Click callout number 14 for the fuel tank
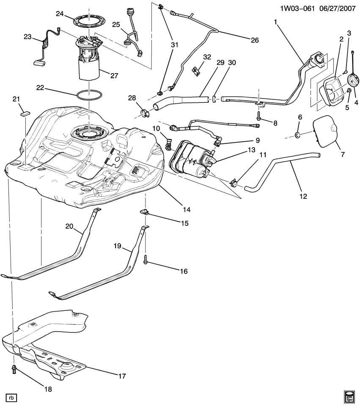point(187,209)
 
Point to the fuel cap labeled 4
point(352,80)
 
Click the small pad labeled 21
point(25,113)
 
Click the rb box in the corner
point(11,397)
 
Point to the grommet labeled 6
point(298,135)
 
